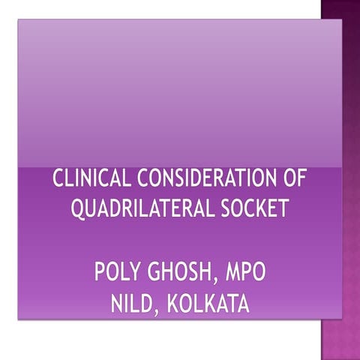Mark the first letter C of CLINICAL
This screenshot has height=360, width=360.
click(58, 181)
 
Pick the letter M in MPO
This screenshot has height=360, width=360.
click(229, 272)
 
